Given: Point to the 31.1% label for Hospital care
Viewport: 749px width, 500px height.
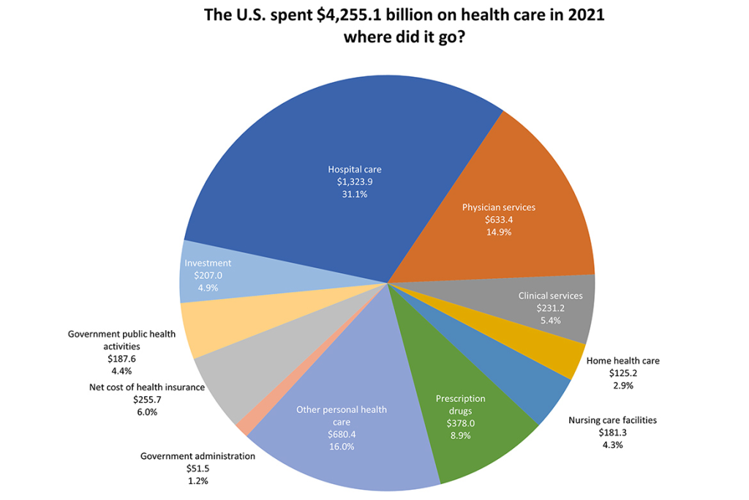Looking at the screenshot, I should click(x=354, y=195).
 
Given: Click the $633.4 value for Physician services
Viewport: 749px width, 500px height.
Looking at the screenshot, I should click(x=499, y=220).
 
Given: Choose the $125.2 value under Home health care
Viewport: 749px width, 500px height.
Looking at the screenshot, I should click(x=623, y=373).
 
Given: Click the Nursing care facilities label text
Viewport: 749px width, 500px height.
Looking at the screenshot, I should click(x=612, y=420).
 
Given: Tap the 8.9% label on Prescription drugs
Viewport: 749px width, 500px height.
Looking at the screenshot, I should click(x=460, y=435).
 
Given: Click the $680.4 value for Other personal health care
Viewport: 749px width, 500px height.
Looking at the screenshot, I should click(x=342, y=434).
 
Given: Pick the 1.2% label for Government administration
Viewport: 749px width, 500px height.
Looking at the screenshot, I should click(x=197, y=481).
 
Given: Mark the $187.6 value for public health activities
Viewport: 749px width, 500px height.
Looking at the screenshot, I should click(x=121, y=359).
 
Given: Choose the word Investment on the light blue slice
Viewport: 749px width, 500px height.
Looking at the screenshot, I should click(x=208, y=263).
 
